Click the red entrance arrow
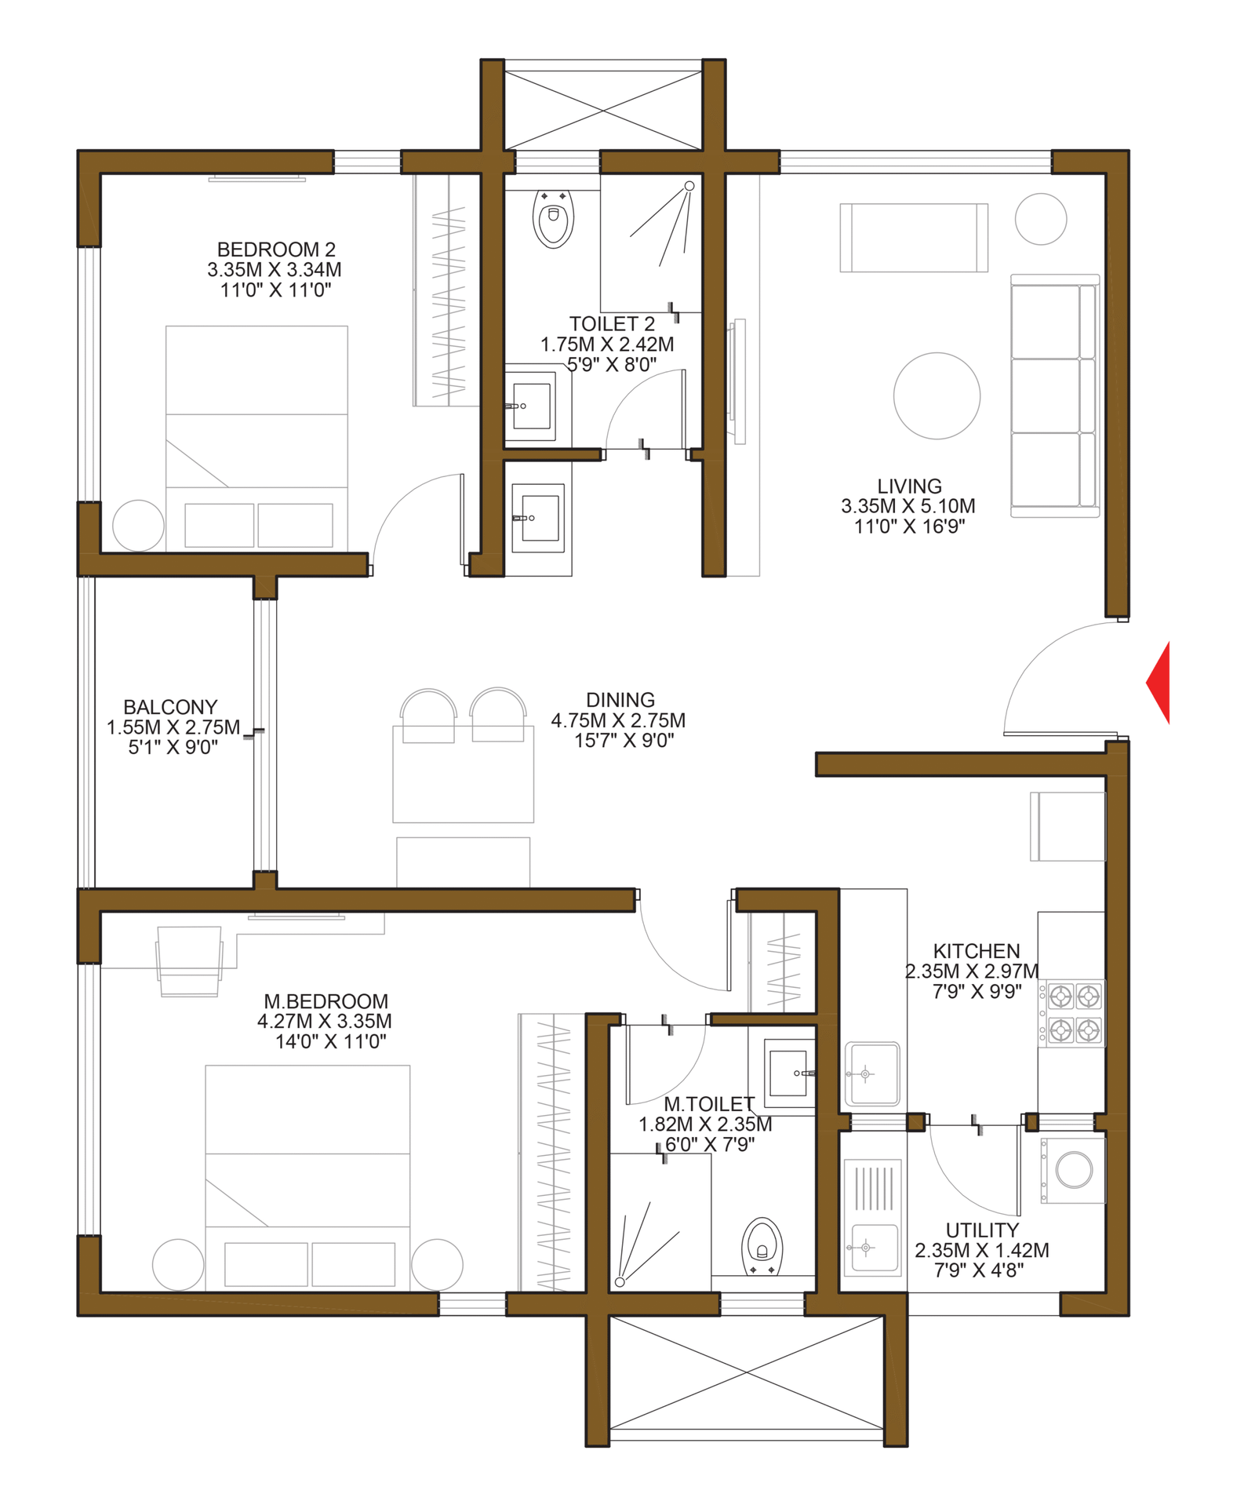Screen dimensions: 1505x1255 1159,683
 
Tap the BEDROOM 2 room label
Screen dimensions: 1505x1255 276,250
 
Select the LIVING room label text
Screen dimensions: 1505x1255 909,486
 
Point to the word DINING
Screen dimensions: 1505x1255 620,700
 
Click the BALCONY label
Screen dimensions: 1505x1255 170,707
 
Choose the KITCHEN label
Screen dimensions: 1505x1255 976,951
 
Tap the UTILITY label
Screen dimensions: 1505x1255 982,1230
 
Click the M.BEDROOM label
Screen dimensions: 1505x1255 326,1001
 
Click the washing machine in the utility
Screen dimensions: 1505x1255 1074,1170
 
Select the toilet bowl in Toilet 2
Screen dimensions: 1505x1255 554,217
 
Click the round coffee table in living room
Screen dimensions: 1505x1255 937,395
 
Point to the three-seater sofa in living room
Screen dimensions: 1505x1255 1054,395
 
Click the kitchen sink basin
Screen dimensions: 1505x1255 871,1073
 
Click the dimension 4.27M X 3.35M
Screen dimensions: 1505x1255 324,1021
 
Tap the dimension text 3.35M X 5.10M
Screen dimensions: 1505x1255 908,506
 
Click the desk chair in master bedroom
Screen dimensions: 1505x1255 189,960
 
